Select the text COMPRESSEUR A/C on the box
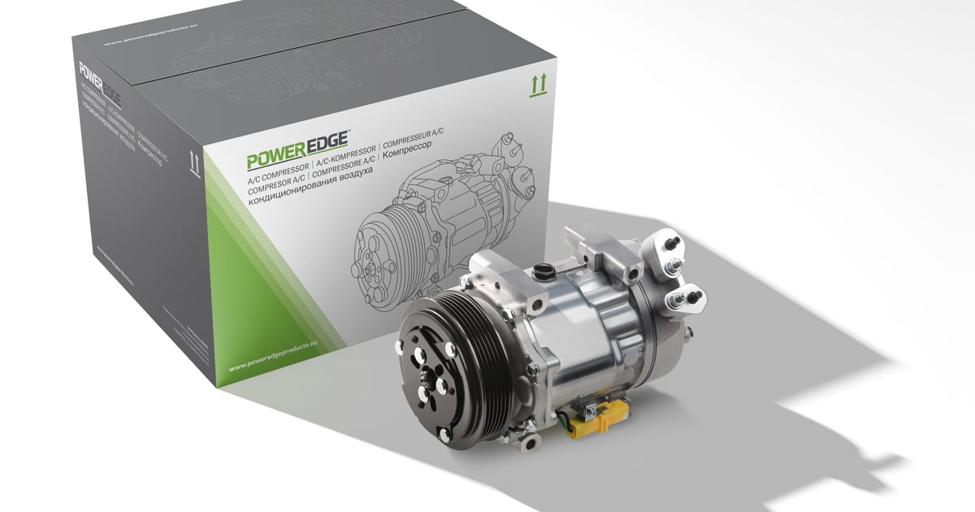tap(422, 138)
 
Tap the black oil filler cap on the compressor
tap(542, 271)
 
